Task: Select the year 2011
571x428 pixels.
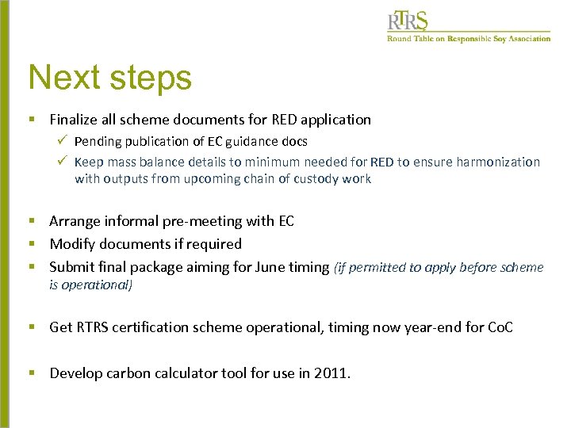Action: (x=331, y=373)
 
